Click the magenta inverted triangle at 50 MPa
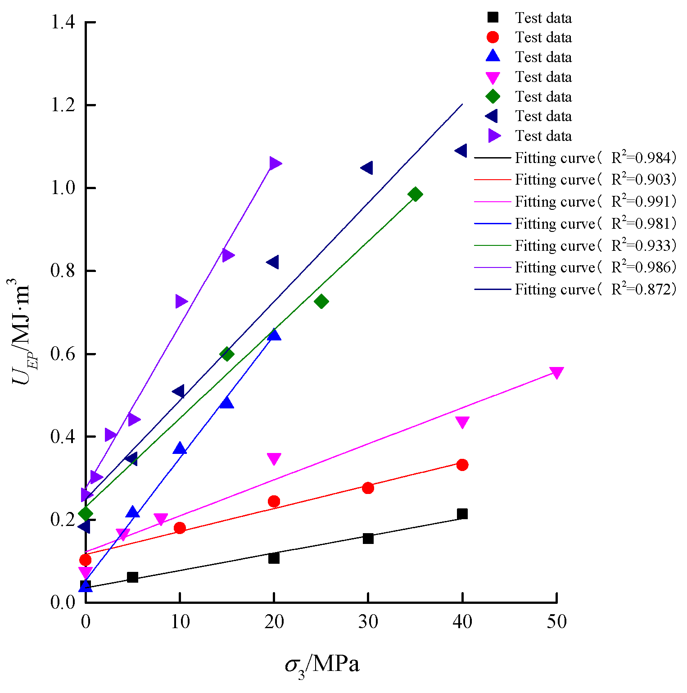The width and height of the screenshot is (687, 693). [x=556, y=372]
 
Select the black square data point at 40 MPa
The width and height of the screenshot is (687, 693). [x=462, y=514]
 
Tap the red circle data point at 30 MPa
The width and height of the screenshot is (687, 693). [x=368, y=488]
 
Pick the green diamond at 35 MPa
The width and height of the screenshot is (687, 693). [x=415, y=195]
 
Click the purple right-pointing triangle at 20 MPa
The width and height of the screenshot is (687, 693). [x=274, y=163]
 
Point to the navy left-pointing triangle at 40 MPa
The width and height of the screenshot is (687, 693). [x=461, y=150]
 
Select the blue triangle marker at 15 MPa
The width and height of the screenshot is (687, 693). [x=226, y=403]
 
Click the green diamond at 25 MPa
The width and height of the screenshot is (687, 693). [x=321, y=301]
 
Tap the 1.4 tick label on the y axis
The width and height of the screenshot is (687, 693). [x=62, y=23]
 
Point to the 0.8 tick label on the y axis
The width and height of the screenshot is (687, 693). [x=62, y=271]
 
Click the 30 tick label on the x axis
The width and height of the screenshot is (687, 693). [x=368, y=622]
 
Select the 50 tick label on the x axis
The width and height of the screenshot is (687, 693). [x=556, y=622]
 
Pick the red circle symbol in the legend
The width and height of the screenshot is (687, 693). [x=493, y=37]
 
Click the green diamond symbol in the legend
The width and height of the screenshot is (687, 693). [x=493, y=96]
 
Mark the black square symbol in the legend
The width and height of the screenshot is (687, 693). [x=493, y=18]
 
